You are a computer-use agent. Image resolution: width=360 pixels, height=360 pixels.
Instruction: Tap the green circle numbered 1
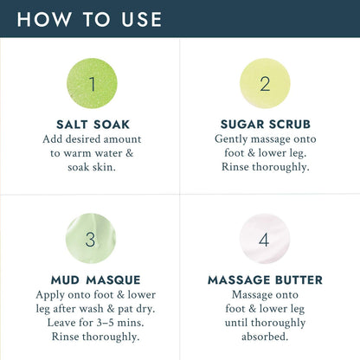[x=91, y=84]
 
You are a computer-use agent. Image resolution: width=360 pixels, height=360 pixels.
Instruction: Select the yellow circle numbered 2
[x=266, y=84]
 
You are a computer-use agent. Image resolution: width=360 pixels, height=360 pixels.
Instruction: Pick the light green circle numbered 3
[x=91, y=239]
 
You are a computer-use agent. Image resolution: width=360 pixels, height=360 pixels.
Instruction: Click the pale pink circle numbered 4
[x=266, y=239]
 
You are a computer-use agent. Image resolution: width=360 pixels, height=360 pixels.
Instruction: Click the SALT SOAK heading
[x=91, y=124]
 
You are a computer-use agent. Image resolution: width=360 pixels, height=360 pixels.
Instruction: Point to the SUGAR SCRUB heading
[x=266, y=124]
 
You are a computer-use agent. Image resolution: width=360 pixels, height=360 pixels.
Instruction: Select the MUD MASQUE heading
[x=91, y=280]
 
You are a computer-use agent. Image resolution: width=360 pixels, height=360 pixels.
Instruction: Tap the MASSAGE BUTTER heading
[x=266, y=280]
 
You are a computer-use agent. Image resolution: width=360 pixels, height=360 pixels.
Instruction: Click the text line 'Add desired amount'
[x=91, y=138]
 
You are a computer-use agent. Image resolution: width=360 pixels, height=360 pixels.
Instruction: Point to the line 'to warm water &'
[x=91, y=153]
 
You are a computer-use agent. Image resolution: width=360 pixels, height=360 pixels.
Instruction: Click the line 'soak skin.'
[x=91, y=168]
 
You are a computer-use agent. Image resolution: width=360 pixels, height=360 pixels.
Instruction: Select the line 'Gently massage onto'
[x=266, y=138]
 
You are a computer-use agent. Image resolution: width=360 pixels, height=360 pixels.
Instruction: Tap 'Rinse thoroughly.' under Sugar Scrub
[x=266, y=168]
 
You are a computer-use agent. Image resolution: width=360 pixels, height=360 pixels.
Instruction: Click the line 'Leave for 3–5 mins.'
[x=91, y=324]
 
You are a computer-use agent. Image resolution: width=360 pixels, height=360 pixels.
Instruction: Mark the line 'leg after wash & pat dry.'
[x=91, y=309]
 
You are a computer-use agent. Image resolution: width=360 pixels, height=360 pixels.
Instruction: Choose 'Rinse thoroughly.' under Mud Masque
[x=91, y=338]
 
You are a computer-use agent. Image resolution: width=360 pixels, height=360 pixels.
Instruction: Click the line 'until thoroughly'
[x=266, y=324]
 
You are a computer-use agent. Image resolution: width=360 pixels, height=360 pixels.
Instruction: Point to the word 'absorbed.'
[x=266, y=338]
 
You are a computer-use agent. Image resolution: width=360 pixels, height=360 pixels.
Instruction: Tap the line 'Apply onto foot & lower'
[x=91, y=294]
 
